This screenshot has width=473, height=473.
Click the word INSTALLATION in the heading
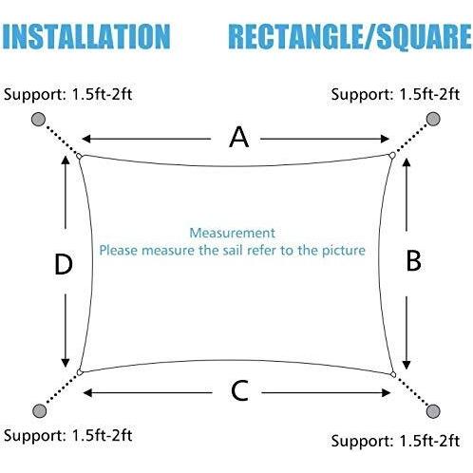tap(86, 36)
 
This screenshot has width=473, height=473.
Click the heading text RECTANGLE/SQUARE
tap(350, 37)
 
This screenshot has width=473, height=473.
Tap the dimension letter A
tap(238, 137)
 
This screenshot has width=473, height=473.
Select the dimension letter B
tap(413, 261)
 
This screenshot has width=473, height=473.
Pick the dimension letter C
tap(239, 391)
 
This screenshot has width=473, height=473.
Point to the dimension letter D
tap(64, 264)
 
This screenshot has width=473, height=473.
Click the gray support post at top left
tap(39, 120)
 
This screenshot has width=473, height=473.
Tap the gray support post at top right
tap(433, 119)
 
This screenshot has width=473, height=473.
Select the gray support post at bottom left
tap(40, 410)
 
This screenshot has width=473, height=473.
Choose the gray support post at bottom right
tap(433, 411)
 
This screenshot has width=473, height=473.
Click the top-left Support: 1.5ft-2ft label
tap(67, 95)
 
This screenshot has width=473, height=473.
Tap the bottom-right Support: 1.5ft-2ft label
tap(395, 441)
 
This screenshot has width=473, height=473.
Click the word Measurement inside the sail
tap(232, 233)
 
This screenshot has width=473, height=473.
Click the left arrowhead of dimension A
tap(86, 139)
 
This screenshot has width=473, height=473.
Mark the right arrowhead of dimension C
tap(387, 393)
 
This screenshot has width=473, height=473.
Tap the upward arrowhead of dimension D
tap(66, 160)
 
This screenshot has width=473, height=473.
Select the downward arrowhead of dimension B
tap(407, 365)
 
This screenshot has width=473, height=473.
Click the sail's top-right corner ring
tap(392, 155)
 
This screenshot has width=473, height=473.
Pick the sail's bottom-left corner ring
tap(80, 372)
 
